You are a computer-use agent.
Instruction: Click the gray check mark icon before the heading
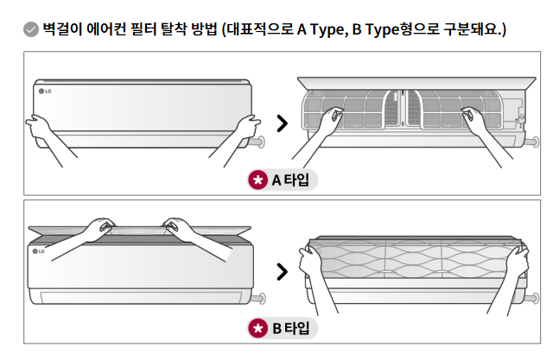(x=30, y=29)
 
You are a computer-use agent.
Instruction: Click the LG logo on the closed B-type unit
(x=39, y=251)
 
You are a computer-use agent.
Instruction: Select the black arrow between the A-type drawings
(x=282, y=123)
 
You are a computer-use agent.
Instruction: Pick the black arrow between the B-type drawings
(x=282, y=273)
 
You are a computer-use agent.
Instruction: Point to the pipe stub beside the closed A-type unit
(x=257, y=141)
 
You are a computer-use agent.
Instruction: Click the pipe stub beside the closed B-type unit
(x=257, y=300)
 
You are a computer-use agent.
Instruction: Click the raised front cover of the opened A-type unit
(x=415, y=81)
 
